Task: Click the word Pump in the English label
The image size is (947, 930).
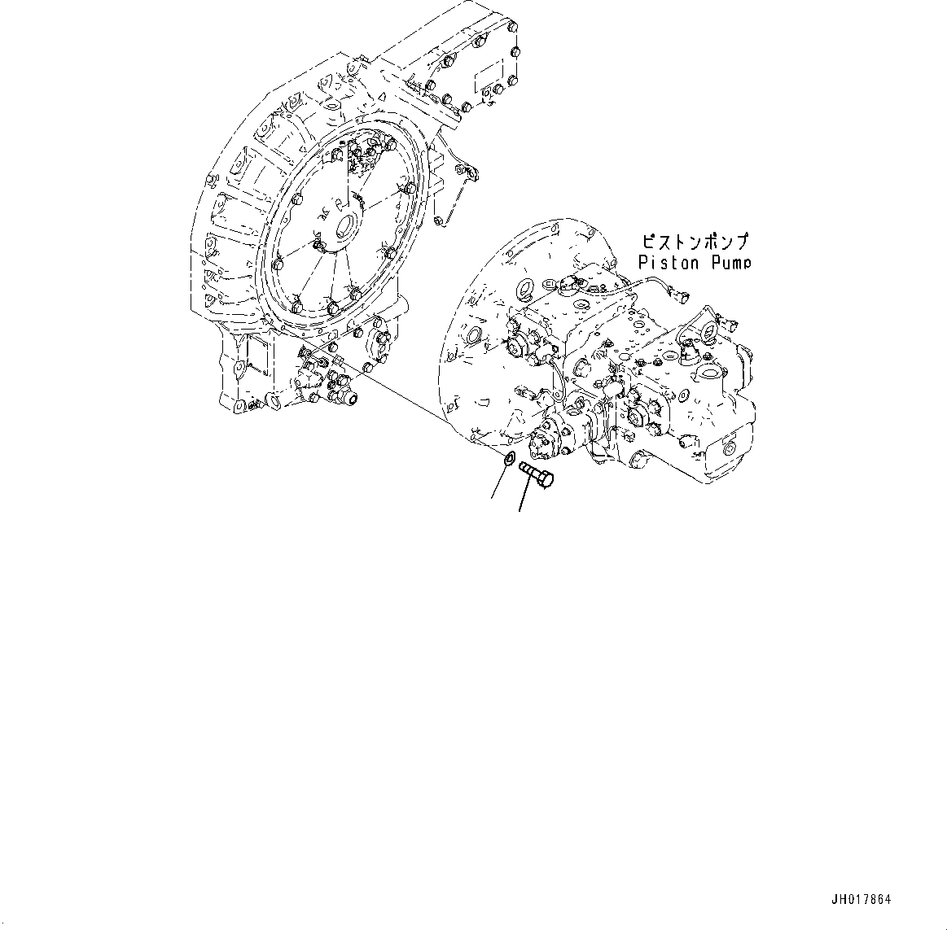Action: (730, 262)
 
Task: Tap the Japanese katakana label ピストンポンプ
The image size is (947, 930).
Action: (694, 242)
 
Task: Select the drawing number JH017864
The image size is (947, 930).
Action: (861, 900)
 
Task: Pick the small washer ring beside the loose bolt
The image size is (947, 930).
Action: (508, 461)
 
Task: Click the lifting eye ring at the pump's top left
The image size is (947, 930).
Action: (526, 287)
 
